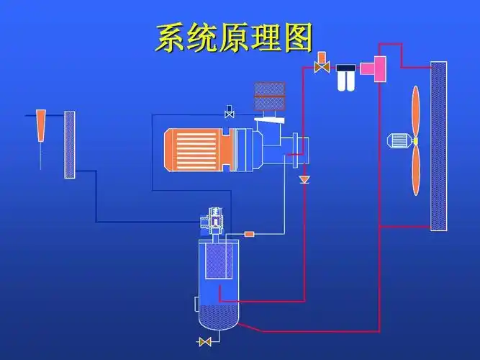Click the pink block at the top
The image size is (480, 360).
coord(373,68)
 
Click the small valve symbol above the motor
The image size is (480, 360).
coord(230,112)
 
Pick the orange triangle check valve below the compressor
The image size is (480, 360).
coord(304,178)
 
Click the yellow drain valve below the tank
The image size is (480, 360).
coord(205,341)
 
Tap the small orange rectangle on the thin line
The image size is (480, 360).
coord(250,233)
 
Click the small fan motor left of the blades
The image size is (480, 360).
coord(398,141)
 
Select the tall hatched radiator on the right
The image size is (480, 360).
coord(438,145)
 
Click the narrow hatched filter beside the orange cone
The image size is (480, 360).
coord(70,145)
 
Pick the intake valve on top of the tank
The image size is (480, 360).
coord(214,220)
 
